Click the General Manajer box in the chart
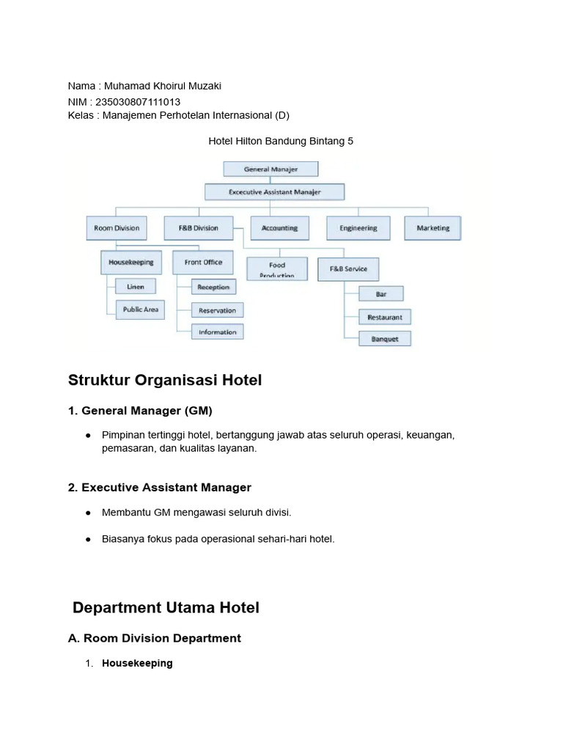pos(271,169)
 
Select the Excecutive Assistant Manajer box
pos(274,192)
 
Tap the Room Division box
pos(117,228)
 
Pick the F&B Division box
pos(199,228)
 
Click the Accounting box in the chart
pos(279,228)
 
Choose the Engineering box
pos(358,228)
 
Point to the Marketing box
pos(433,228)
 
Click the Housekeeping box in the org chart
pos(131,263)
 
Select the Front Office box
pos(203,263)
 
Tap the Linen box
pos(136,287)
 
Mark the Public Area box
pos(140,309)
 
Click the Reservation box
pos(217,310)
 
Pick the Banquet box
pos(385,339)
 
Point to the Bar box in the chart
pos(381,293)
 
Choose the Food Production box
pos(277,268)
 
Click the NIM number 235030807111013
pos(138,102)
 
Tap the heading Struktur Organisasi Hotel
pos(165,381)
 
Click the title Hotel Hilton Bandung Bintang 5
pos(281,142)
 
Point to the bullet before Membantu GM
pos(88,513)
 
